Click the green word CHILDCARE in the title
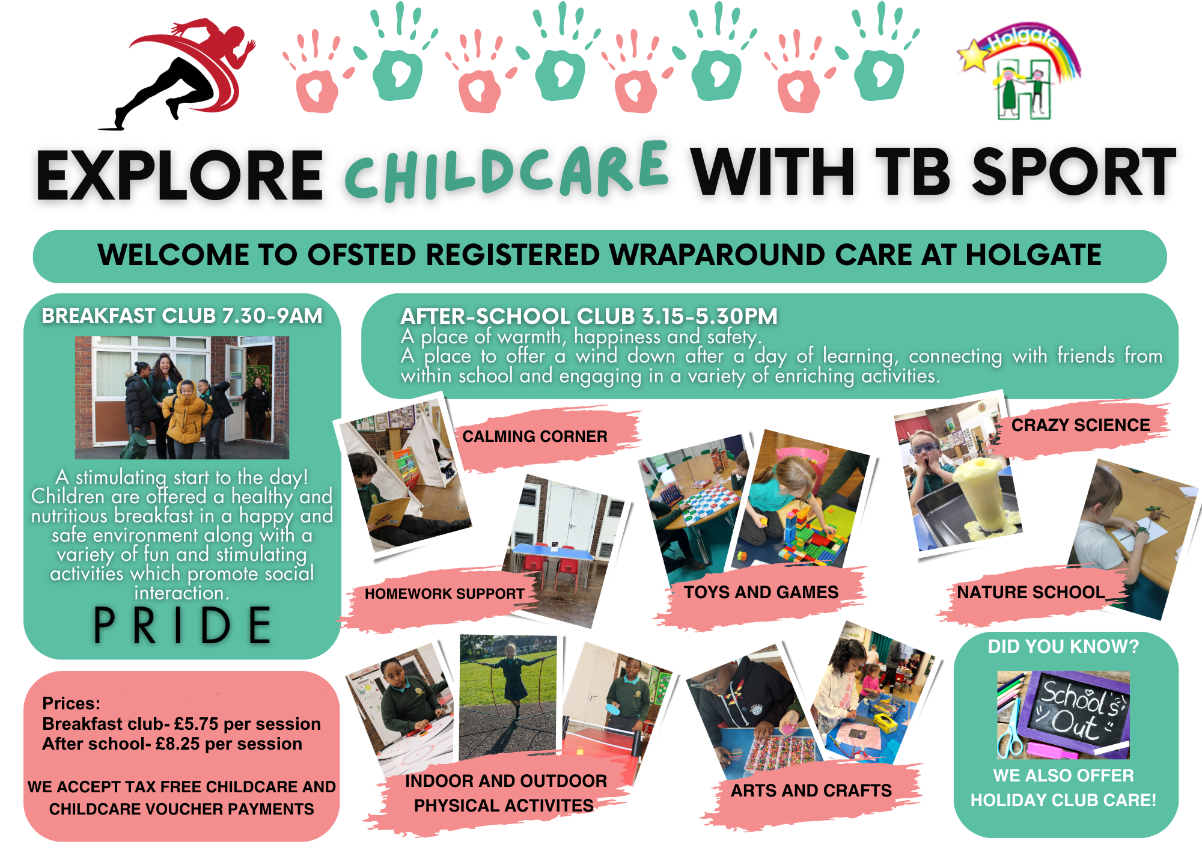pos(506,171)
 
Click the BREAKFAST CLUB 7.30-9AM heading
pos(182,316)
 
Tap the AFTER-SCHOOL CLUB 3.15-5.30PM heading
pos(589,316)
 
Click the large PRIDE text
pos(183,625)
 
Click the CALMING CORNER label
pos(535,436)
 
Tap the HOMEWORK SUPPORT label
pos(444,594)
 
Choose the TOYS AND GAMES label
pos(761,592)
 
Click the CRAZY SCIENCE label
pos(1081,425)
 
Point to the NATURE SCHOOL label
pos(1031,592)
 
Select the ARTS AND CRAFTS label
pos(811,790)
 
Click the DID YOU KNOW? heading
pos(1064,646)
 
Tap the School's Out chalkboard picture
pos(1063,715)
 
